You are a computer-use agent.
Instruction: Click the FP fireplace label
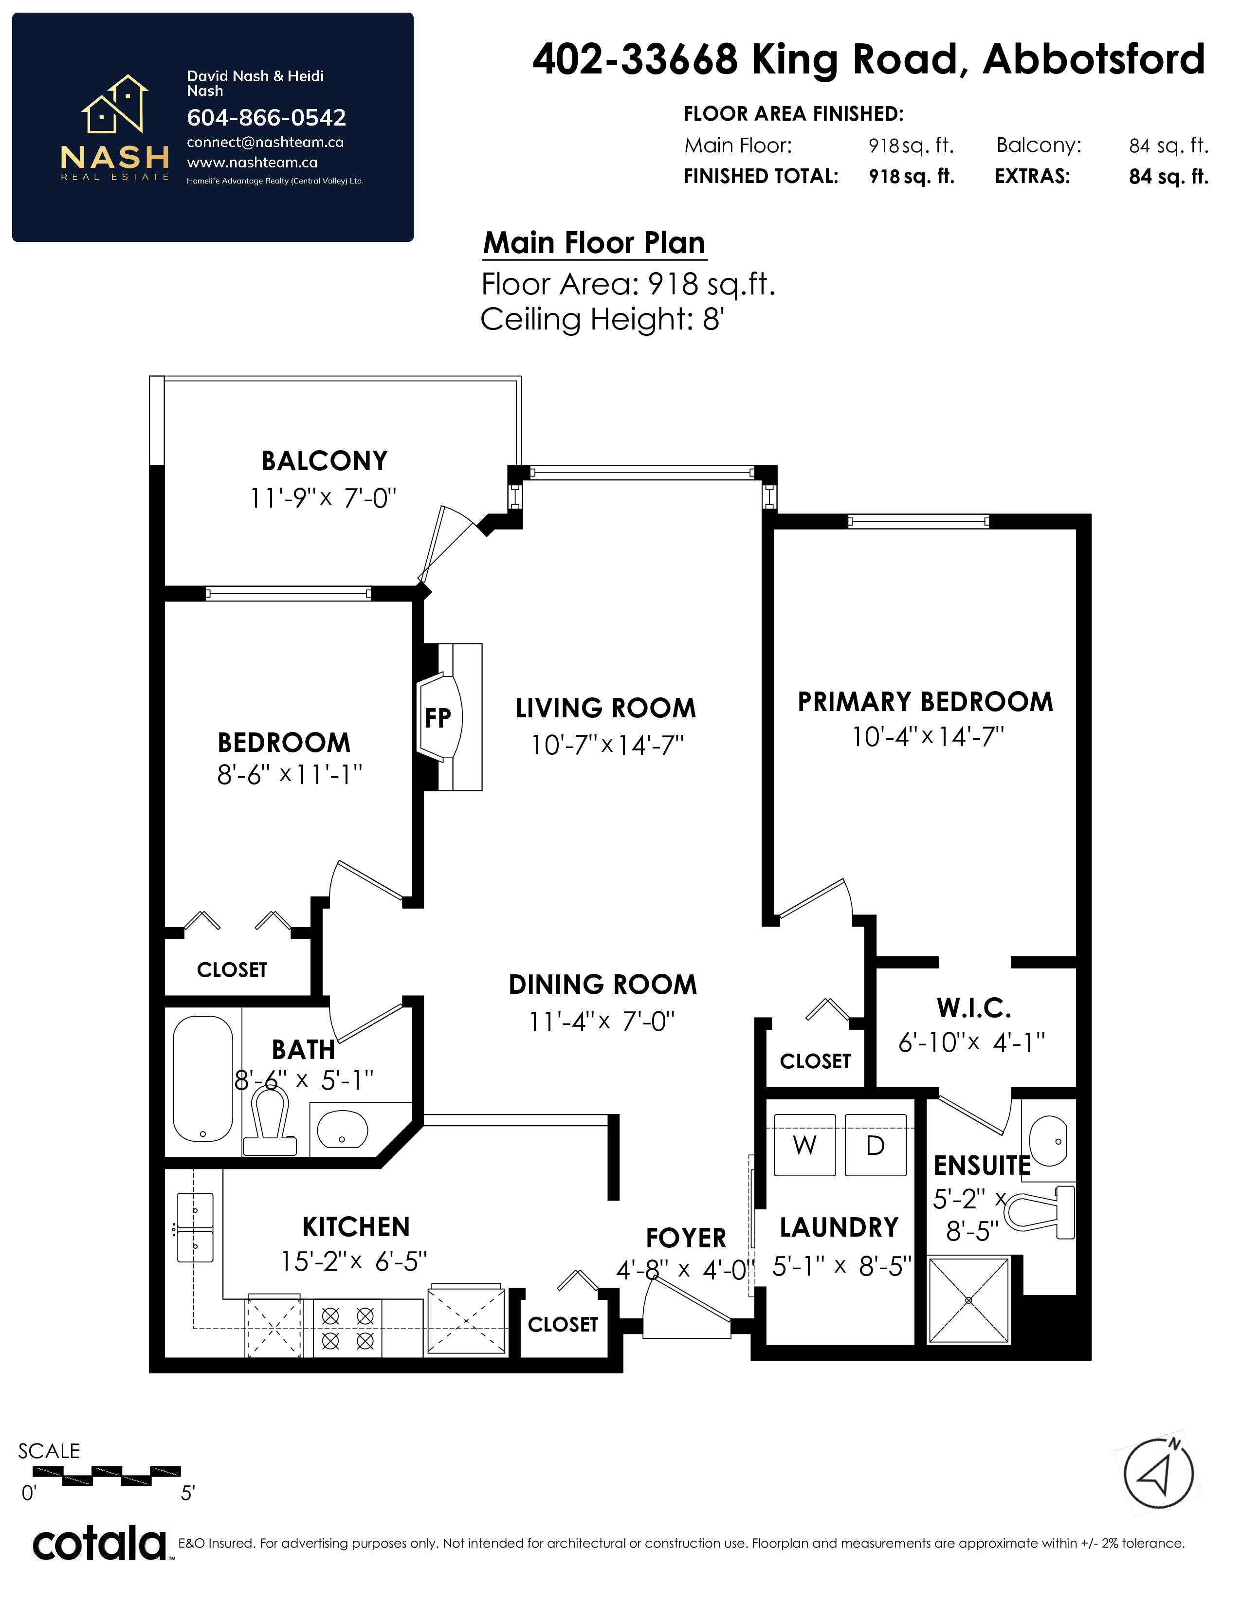(438, 718)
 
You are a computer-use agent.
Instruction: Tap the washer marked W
(804, 1145)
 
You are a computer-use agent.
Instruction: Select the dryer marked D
(875, 1145)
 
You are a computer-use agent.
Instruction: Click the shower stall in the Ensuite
(968, 1300)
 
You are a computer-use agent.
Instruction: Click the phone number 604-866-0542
(266, 118)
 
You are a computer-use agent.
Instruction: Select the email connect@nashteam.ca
(265, 142)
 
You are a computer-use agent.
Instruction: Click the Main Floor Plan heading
(594, 243)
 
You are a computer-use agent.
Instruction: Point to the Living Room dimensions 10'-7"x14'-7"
(607, 746)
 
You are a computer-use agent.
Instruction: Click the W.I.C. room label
(973, 1007)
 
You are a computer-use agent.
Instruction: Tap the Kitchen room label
(356, 1226)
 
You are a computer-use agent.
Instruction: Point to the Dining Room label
(603, 985)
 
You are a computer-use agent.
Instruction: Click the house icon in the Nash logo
(115, 105)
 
